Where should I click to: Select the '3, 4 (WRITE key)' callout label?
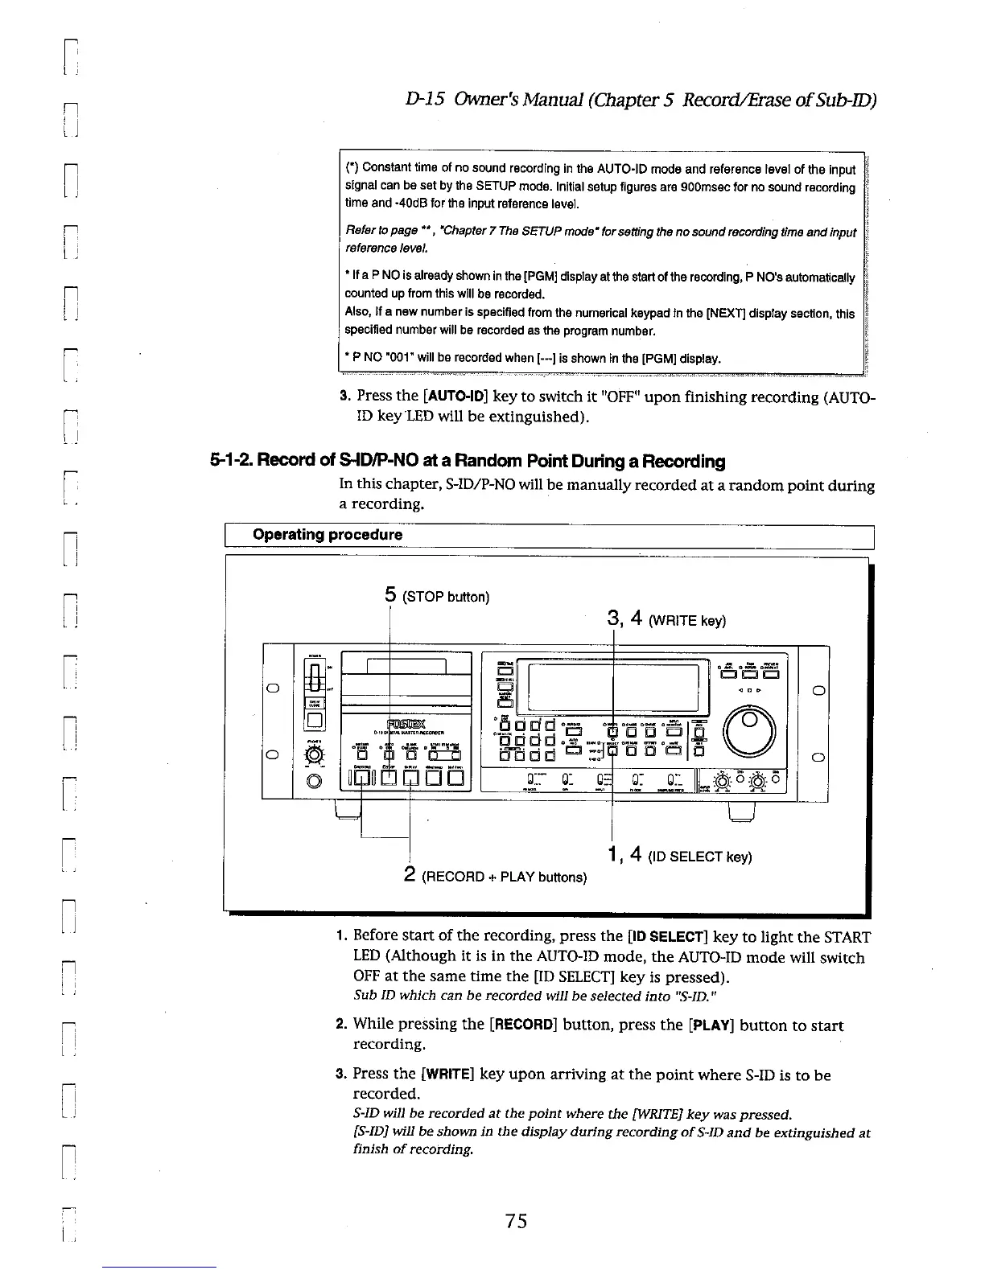(666, 619)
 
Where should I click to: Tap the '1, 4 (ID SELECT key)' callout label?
(679, 856)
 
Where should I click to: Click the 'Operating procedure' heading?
(328, 535)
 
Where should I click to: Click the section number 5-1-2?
(232, 462)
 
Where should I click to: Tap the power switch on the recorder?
(315, 675)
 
